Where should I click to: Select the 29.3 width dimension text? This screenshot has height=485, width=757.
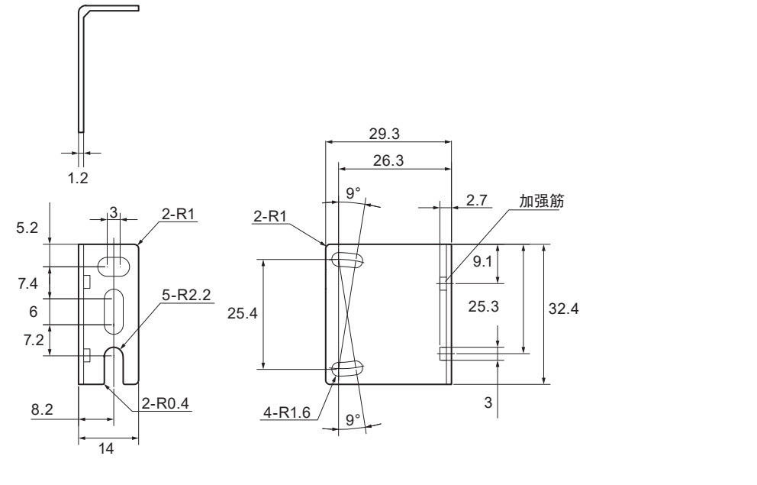388,133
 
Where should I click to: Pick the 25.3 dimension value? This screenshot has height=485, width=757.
484,308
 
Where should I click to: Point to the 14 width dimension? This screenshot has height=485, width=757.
108,450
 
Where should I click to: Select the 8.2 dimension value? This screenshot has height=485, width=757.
42,410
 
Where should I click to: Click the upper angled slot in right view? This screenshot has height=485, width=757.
347,260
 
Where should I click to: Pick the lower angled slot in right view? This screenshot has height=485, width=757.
347,369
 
